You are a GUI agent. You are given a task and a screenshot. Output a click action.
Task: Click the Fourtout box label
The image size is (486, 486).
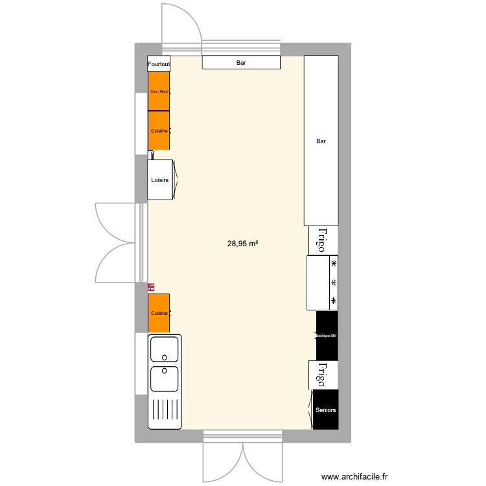(x=159, y=64)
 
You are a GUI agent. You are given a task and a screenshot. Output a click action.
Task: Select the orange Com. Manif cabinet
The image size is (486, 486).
(x=159, y=91)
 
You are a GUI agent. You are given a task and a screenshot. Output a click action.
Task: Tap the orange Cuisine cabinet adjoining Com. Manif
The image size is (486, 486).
(x=159, y=131)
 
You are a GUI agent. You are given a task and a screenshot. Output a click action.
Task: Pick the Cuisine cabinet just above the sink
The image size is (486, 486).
(x=159, y=314)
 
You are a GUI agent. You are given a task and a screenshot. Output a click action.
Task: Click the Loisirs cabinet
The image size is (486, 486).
(x=161, y=180)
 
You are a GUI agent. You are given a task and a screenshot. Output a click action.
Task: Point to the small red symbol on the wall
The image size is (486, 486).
(x=151, y=286)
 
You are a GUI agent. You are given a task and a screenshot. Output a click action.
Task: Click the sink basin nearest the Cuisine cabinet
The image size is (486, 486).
(x=165, y=349)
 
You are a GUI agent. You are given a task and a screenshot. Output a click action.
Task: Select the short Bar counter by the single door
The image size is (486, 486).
(x=241, y=63)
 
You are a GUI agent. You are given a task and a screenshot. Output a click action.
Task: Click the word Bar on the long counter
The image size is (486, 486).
(x=321, y=141)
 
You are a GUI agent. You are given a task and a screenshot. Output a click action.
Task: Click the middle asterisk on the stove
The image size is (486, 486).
(x=334, y=283)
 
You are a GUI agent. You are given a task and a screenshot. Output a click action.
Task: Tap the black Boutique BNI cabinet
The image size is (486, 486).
(x=327, y=336)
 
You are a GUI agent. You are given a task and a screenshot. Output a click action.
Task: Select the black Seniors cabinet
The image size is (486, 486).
(x=326, y=410)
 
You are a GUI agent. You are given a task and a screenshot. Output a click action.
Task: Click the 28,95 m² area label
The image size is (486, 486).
(x=243, y=244)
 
